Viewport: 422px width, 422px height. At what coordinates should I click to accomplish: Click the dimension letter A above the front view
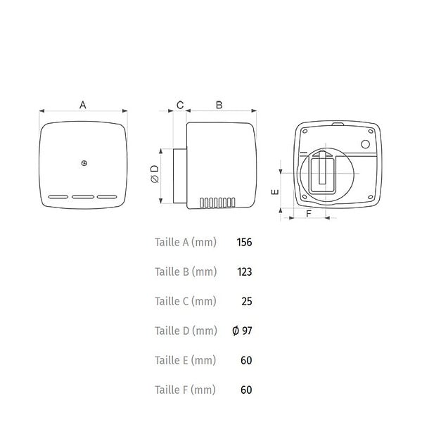[x=83, y=105]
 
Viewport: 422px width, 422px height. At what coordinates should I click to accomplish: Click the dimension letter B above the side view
[x=219, y=105]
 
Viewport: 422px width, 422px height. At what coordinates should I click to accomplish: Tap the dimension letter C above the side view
[x=180, y=105]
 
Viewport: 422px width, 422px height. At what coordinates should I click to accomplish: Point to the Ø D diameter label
[x=155, y=174]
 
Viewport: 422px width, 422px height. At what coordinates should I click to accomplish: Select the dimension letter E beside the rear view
[x=275, y=192]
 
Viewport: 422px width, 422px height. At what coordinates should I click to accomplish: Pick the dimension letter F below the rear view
[x=309, y=214]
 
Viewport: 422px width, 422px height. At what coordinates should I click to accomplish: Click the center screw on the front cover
[x=84, y=163]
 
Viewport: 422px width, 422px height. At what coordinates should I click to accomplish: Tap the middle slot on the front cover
[x=83, y=197]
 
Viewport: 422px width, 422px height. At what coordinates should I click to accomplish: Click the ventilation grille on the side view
[x=217, y=203]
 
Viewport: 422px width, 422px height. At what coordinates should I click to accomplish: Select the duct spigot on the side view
[x=180, y=176]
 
